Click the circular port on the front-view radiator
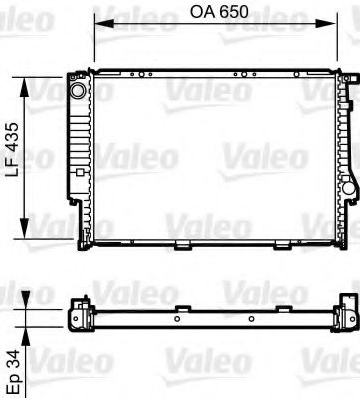(77, 92)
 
